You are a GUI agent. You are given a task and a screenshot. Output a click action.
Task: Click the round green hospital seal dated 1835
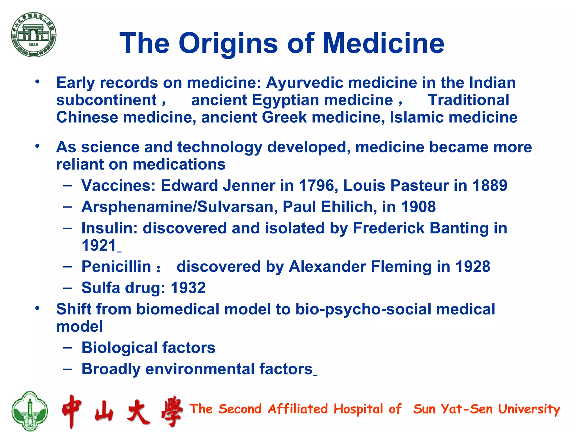[34, 35]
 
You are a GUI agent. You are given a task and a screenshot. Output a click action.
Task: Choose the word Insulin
[109, 228]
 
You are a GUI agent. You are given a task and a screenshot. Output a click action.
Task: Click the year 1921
[99, 246]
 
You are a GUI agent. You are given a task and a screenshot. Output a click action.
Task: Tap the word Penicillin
[116, 267]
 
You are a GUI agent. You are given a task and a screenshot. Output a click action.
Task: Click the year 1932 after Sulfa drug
[188, 288]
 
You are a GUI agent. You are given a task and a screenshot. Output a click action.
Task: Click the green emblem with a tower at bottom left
[30, 411]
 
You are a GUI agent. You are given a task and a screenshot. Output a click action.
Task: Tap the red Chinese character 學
[172, 411]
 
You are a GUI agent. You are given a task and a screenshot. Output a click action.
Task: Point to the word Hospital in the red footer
[358, 409]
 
